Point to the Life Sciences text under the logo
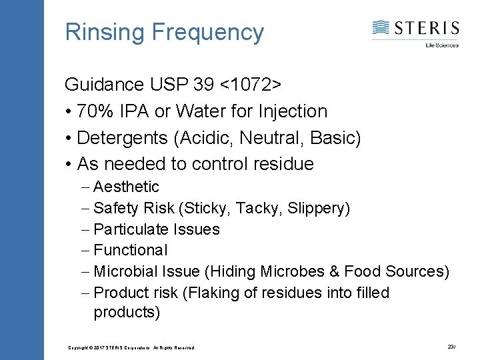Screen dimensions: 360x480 tap(442, 45)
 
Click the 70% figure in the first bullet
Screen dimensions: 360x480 tap(94, 111)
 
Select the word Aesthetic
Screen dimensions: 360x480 tap(126, 187)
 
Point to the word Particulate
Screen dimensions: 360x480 tap(131, 229)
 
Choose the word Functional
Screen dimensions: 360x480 tap(131, 250)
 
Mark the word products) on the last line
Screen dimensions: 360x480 tap(127, 313)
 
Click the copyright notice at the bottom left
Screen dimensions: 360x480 tap(131, 347)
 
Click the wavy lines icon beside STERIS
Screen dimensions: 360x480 tap(381, 28)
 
